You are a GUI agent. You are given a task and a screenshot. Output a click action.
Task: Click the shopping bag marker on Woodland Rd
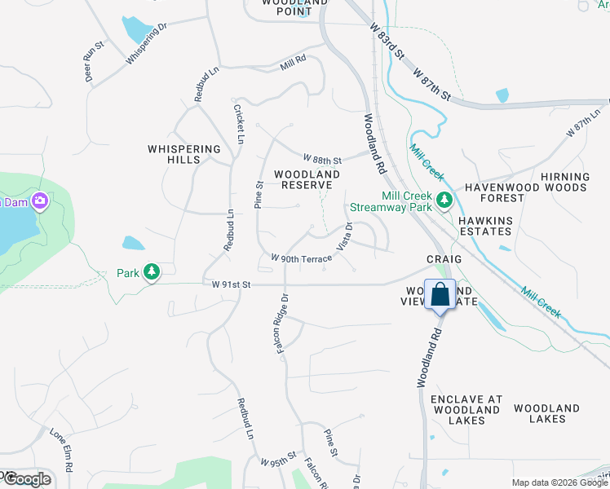tap(440, 295)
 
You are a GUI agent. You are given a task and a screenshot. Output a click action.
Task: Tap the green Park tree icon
tap(151, 271)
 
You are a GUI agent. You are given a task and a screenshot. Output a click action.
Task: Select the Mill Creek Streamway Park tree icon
tap(444, 200)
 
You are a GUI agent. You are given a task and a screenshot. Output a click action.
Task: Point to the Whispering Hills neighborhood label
tap(184, 154)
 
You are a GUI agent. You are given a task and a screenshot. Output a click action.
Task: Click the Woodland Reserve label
tap(307, 179)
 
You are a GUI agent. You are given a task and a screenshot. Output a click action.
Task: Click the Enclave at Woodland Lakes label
tap(466, 410)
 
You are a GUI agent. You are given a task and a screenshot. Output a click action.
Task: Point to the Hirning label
tap(564, 177)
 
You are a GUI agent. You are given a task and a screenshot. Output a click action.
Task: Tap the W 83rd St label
tap(387, 39)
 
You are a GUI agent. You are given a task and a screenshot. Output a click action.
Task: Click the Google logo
tap(26, 479)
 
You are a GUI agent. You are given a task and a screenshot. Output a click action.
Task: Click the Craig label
tap(444, 258)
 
